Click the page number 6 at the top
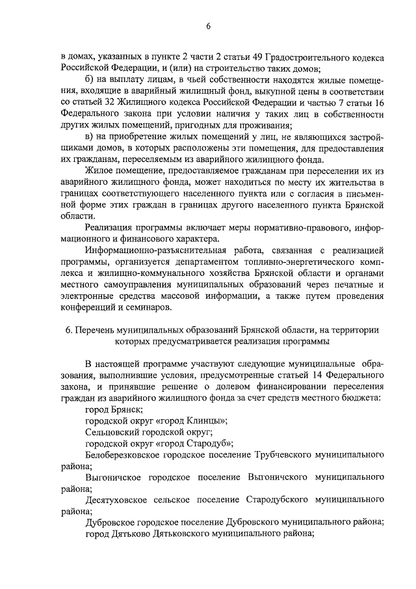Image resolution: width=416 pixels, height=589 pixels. coord(208,27)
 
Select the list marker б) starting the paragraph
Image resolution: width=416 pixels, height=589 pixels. coord(90,79)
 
